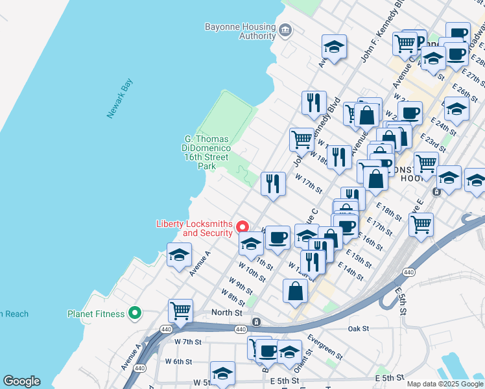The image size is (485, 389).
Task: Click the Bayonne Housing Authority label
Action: (x=240, y=31)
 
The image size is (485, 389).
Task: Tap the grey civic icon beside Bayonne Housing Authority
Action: (x=285, y=30)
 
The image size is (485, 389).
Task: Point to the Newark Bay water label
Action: (x=120, y=98)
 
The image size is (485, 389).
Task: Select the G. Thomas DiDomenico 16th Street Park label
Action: (x=206, y=152)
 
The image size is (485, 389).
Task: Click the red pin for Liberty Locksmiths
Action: (x=242, y=227)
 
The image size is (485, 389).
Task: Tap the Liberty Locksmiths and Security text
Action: (x=195, y=228)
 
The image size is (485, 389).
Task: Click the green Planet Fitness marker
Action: (x=135, y=314)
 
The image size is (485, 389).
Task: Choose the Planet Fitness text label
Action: (x=96, y=314)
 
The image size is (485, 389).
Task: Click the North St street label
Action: (x=227, y=312)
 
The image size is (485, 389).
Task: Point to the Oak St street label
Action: (x=358, y=329)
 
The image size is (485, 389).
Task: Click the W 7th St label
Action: (x=188, y=341)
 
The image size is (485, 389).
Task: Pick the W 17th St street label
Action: (x=309, y=182)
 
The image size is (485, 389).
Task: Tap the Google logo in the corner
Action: (x=21, y=381)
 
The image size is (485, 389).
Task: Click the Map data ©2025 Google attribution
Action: (x=445, y=384)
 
